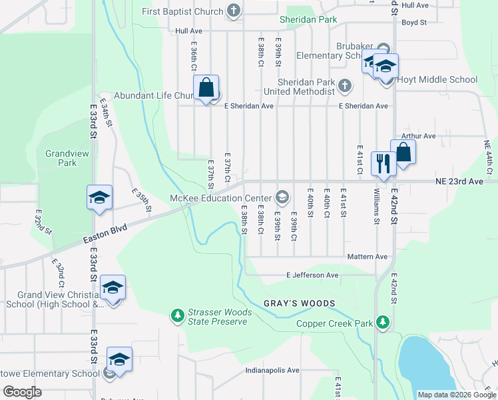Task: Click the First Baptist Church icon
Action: [232, 11]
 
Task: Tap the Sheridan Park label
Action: [308, 20]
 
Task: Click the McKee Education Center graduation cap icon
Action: [282, 197]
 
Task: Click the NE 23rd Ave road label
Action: [460, 181]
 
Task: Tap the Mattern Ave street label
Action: [367, 257]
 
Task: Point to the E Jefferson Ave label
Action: [312, 275]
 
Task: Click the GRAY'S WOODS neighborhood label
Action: [299, 303]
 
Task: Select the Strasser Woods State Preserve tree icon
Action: [177, 314]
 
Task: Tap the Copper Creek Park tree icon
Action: [382, 322]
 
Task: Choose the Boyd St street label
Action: [413, 22]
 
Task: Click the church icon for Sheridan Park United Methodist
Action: [344, 85]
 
